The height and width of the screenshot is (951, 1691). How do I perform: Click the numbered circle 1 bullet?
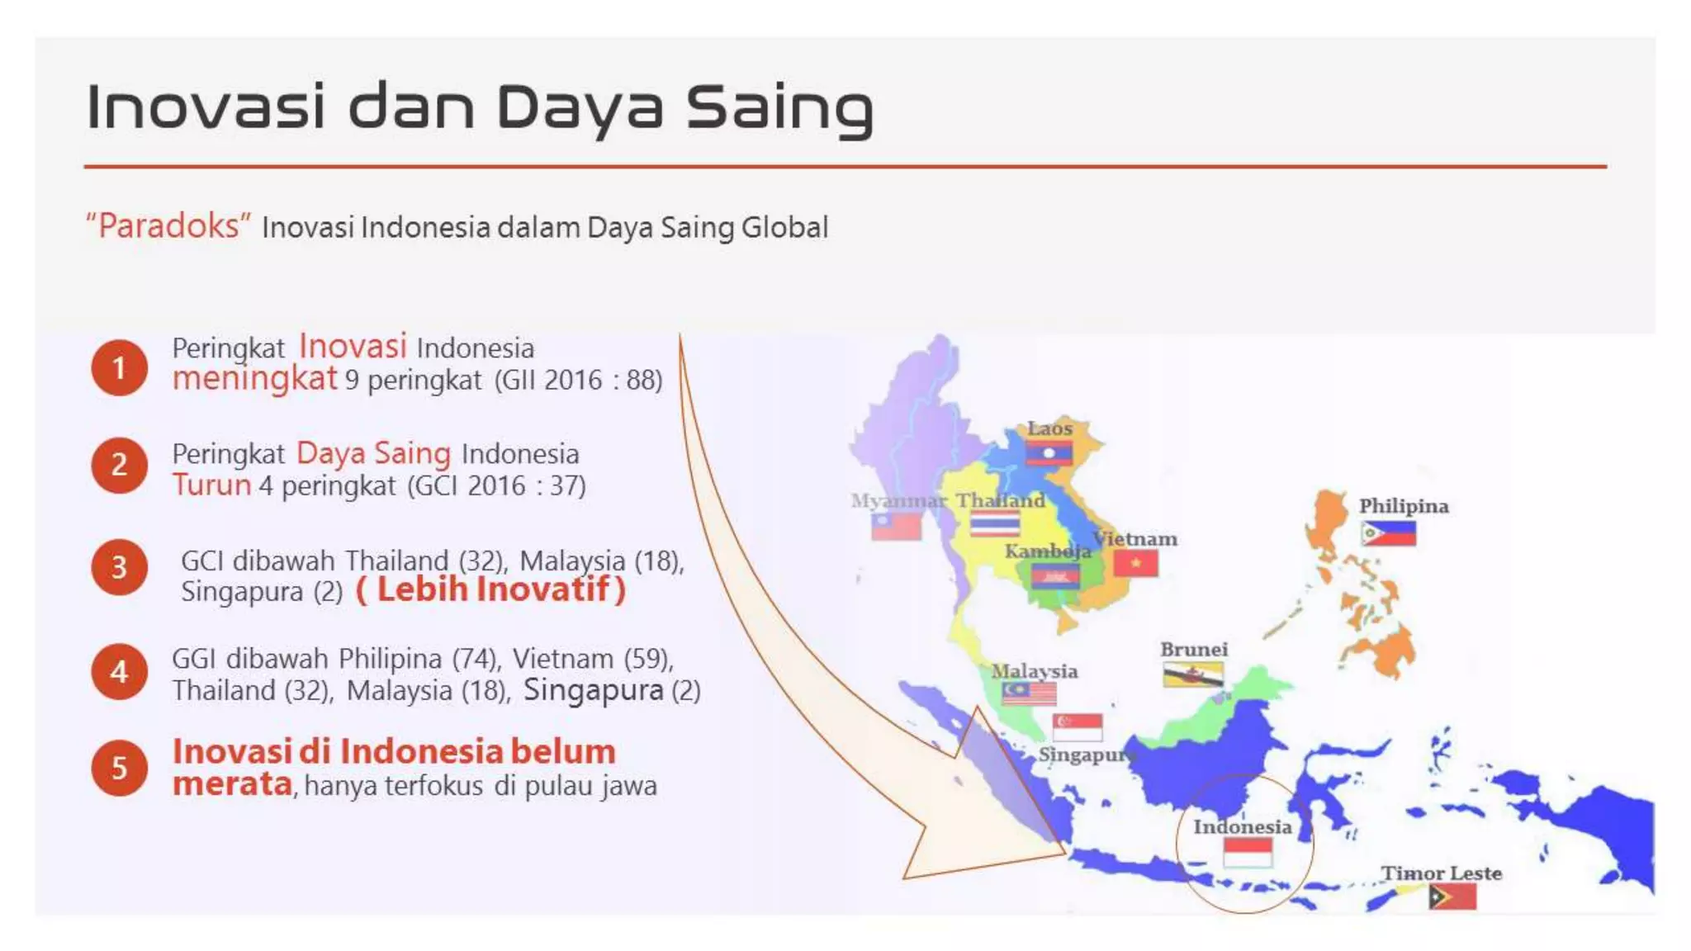pos(119,367)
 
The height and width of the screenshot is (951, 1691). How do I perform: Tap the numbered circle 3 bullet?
pos(119,567)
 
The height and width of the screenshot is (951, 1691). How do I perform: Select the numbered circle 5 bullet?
pos(119,768)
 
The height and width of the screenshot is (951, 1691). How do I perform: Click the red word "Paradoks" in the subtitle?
pos(168,225)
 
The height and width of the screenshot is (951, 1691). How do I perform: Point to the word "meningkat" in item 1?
pos(254,378)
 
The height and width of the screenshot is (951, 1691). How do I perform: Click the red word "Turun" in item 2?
pos(211,485)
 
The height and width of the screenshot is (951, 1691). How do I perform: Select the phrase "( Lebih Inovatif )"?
pos(490,589)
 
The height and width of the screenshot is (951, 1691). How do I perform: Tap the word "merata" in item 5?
pos(233,783)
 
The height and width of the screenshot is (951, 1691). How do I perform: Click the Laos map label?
pos(1049,428)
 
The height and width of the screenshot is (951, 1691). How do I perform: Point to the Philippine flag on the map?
pos(1388,533)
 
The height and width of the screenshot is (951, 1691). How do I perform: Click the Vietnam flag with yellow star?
pos(1135,563)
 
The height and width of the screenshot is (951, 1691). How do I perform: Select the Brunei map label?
pos(1194,650)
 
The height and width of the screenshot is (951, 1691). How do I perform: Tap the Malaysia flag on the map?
pos(1029,692)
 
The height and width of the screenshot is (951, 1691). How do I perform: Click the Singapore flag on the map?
pos(1078,726)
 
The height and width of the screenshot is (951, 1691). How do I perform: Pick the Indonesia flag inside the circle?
pos(1247,852)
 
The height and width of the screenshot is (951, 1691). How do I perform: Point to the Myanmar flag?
pos(896,526)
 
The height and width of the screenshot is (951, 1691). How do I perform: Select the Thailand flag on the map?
pos(994,524)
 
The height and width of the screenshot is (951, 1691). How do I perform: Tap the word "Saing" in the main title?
pos(779,108)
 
